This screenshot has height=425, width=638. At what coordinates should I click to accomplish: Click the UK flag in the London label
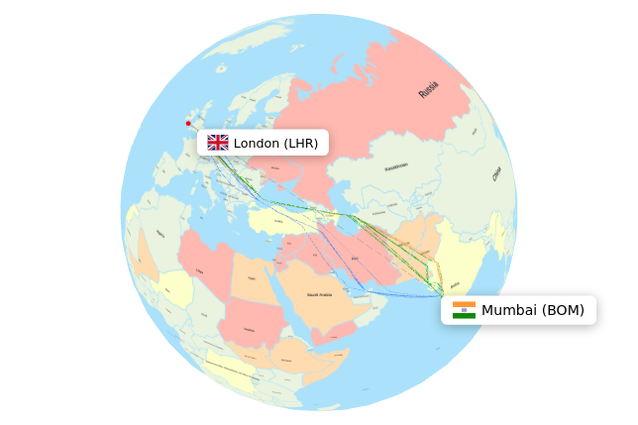218,143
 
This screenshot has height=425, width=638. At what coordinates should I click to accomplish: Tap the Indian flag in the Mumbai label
464,310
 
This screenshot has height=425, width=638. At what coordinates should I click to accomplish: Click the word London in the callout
257,143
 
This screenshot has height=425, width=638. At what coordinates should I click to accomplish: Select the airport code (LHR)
301,143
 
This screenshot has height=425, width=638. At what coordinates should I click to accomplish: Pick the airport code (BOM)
563,310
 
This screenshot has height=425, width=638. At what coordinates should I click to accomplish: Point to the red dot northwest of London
188,124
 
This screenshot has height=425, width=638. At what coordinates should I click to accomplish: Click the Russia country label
428,90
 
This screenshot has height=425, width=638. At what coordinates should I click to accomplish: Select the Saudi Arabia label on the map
319,294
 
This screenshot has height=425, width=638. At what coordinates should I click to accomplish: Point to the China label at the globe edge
496,173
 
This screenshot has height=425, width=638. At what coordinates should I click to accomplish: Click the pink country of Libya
204,267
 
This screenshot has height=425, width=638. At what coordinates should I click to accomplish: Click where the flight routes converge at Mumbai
441,295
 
